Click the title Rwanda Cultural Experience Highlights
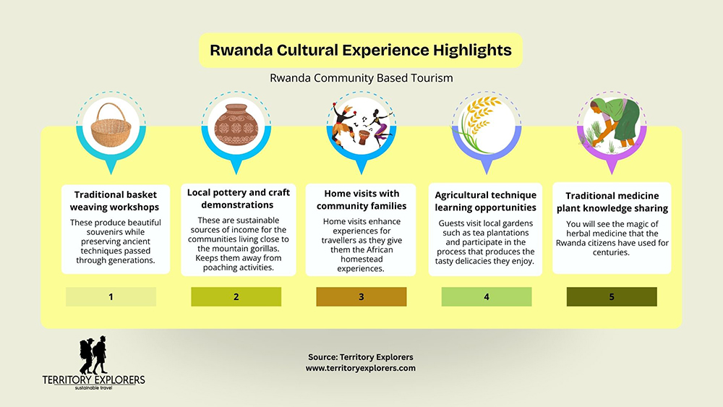tap(360, 51)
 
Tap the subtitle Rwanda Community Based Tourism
tap(361, 77)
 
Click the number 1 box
tap(111, 296)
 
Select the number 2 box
tap(236, 296)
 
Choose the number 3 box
tap(361, 296)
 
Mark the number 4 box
tap(486, 296)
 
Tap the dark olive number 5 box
tap(611, 296)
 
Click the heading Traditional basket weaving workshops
tap(116, 200)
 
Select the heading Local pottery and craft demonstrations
tap(239, 198)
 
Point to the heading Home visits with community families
tap(361, 200)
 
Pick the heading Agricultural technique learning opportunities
tap(486, 201)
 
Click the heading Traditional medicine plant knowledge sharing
tap(612, 202)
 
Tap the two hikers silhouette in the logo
tap(93, 355)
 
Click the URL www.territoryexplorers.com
tap(361, 368)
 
